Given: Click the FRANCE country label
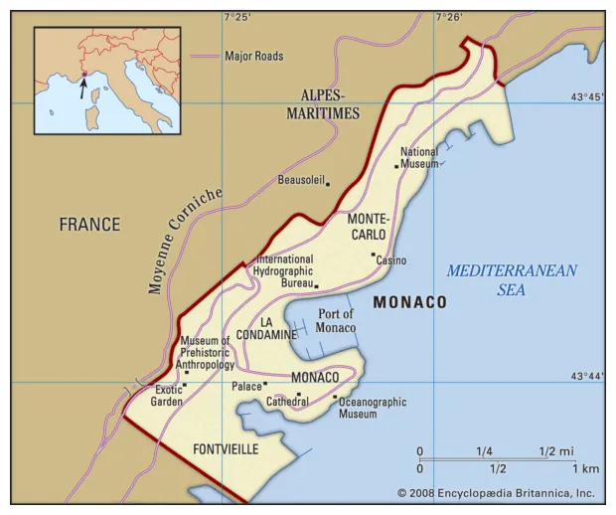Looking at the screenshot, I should pyautogui.click(x=89, y=225).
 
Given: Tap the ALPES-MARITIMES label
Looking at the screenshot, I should pyautogui.click(x=323, y=104).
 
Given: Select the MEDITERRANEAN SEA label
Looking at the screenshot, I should pyautogui.click(x=512, y=280).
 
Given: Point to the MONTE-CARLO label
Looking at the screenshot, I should pyautogui.click(x=368, y=226).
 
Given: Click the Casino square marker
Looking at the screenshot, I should pyautogui.click(x=374, y=255).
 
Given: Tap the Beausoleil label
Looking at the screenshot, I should pyautogui.click(x=301, y=182).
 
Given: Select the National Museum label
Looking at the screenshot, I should pyautogui.click(x=419, y=158).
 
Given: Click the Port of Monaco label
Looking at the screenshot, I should pyautogui.click(x=336, y=321).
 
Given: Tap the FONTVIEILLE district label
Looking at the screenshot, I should pyautogui.click(x=226, y=449).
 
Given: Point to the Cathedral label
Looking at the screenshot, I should pyautogui.click(x=287, y=402).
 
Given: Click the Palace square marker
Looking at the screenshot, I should pyautogui.click(x=265, y=385).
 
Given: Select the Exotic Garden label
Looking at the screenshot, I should pyautogui.click(x=168, y=396).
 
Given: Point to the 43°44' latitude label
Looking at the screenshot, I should pyautogui.click(x=586, y=376).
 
